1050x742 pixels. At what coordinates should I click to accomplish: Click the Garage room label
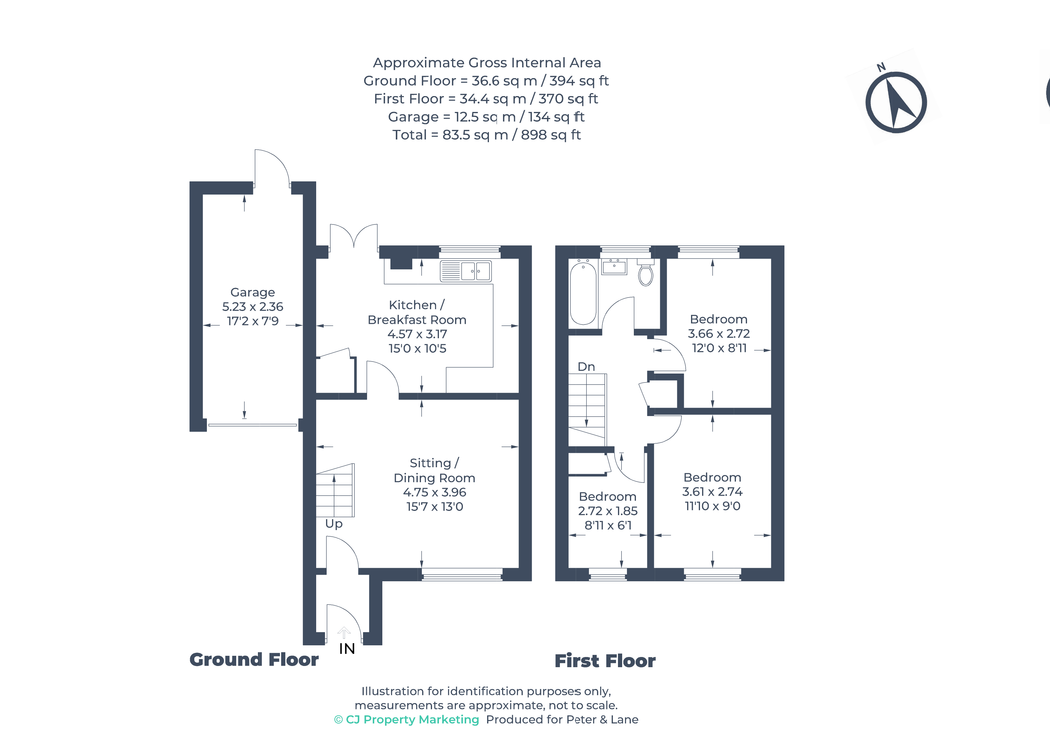pyautogui.click(x=252, y=292)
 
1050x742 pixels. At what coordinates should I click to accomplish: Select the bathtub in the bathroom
pyautogui.click(x=583, y=293)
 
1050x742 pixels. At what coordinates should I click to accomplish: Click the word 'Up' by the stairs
pyautogui.click(x=334, y=524)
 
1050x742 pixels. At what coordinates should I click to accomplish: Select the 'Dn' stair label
pyautogui.click(x=586, y=367)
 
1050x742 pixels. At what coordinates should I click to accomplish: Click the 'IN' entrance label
pyautogui.click(x=347, y=649)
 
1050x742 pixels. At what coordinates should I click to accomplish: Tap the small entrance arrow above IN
pyautogui.click(x=344, y=633)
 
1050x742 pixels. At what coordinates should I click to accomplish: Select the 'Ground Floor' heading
pyautogui.click(x=254, y=660)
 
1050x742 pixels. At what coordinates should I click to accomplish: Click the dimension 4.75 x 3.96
pyautogui.click(x=434, y=492)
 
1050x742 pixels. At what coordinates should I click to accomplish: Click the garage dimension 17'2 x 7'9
pyautogui.click(x=252, y=321)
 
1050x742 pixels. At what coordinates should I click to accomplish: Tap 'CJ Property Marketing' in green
pyautogui.click(x=412, y=720)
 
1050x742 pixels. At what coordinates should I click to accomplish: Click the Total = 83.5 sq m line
pyautogui.click(x=486, y=135)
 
